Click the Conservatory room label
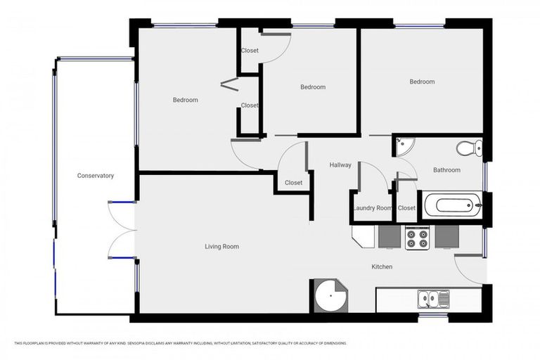(x=95, y=176)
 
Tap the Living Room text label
(x=221, y=247)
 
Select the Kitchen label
(x=382, y=267)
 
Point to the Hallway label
(x=340, y=165)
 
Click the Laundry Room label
(x=372, y=208)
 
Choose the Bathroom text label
(x=446, y=170)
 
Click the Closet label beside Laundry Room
(x=406, y=208)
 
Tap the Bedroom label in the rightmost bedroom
(x=422, y=82)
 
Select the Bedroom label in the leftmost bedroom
(x=185, y=100)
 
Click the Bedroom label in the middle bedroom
(x=313, y=87)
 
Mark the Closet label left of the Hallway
(x=293, y=183)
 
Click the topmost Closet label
(x=250, y=51)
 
